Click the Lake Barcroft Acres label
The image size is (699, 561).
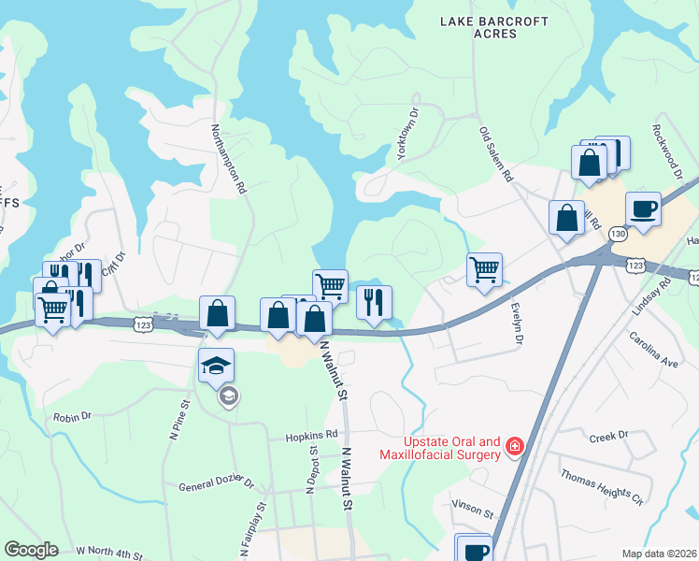pyautogui.click(x=481, y=26)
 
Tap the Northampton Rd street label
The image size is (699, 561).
pyautogui.click(x=228, y=159)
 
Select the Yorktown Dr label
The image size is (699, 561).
pyautogui.click(x=409, y=138)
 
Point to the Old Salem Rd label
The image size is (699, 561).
pyautogui.click(x=497, y=154)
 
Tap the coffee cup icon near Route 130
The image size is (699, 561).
pyautogui.click(x=643, y=209)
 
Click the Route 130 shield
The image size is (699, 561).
pyautogui.click(x=616, y=233)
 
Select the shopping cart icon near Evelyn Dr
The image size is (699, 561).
pyautogui.click(x=484, y=269)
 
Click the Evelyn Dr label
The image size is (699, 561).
pyautogui.click(x=516, y=323)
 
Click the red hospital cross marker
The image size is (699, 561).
pyautogui.click(x=513, y=450)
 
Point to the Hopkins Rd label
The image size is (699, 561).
pyautogui.click(x=312, y=435)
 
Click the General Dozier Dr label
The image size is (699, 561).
pyautogui.click(x=217, y=484)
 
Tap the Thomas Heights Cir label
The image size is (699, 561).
pyautogui.click(x=603, y=487)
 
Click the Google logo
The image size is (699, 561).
pyautogui.click(x=31, y=550)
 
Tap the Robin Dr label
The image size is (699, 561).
pyautogui.click(x=72, y=417)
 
